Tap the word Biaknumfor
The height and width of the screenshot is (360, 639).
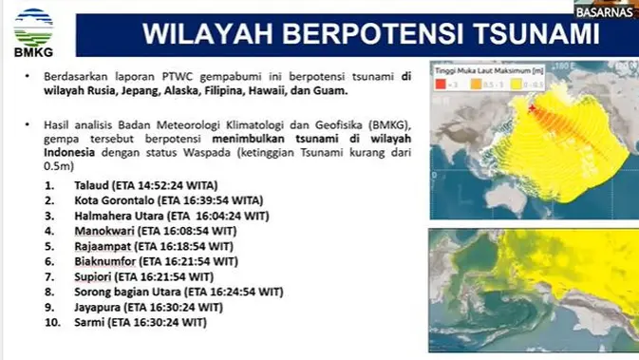[x=105, y=259]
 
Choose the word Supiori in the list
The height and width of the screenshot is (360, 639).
[x=94, y=275]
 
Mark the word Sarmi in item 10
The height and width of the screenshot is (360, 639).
[x=89, y=323]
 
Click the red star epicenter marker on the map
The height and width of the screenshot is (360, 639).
[x=533, y=110]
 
